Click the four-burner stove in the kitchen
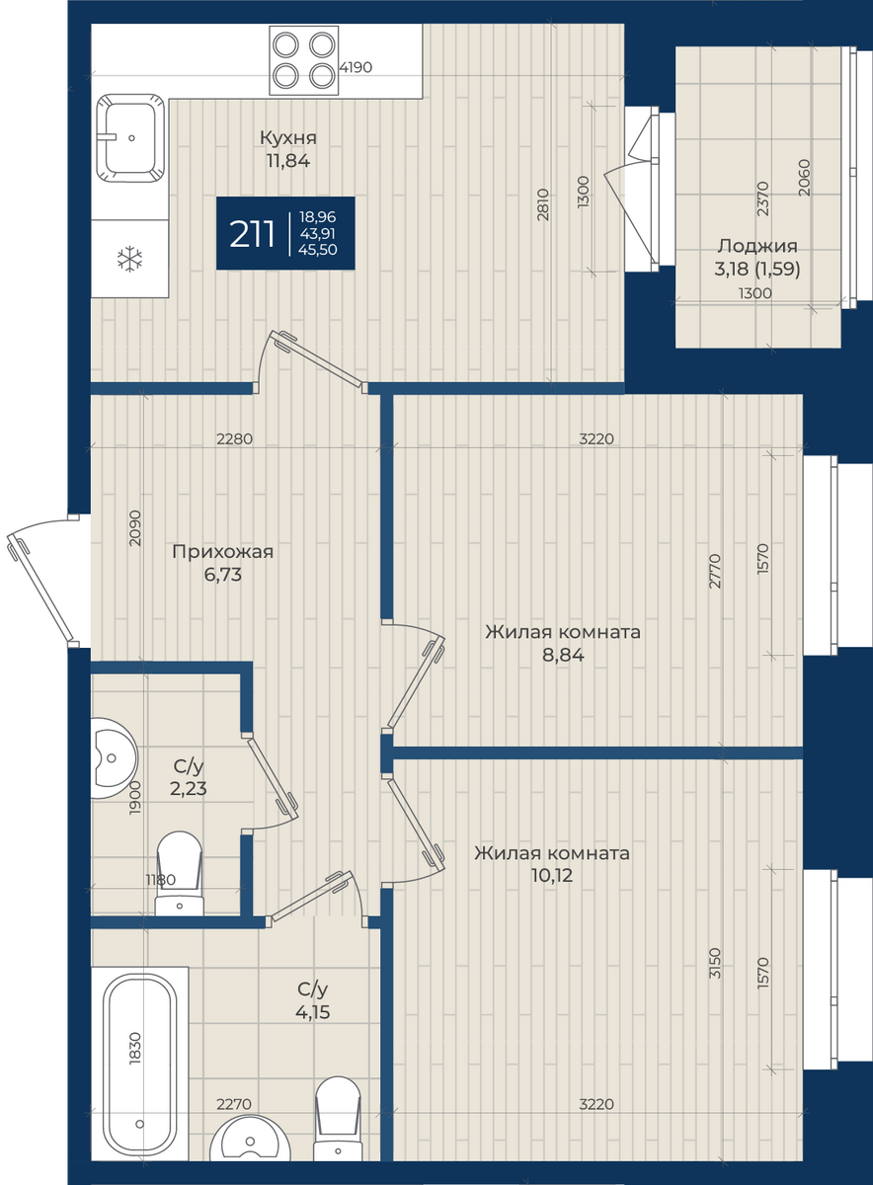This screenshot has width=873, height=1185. point(304,60)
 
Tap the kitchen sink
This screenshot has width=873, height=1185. point(130,138)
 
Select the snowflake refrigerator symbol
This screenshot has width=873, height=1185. point(129,259)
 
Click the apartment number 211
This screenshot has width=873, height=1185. point(252,234)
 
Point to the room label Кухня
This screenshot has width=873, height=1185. point(288,138)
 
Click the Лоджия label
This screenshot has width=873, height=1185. point(757,246)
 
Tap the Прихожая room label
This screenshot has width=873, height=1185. point(223,552)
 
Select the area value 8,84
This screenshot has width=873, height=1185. point(563,655)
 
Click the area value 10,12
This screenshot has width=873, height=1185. point(552,876)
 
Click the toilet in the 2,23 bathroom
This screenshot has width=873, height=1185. point(180,874)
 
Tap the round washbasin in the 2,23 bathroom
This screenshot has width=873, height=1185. point(113,757)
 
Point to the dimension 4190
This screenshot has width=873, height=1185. point(356,68)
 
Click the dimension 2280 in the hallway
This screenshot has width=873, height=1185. point(234,438)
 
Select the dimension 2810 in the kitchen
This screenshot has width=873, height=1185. point(543,204)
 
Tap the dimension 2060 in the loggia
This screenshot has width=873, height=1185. point(804,178)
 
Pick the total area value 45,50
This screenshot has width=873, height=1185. point(317,250)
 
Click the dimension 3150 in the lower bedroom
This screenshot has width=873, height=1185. point(715,963)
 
